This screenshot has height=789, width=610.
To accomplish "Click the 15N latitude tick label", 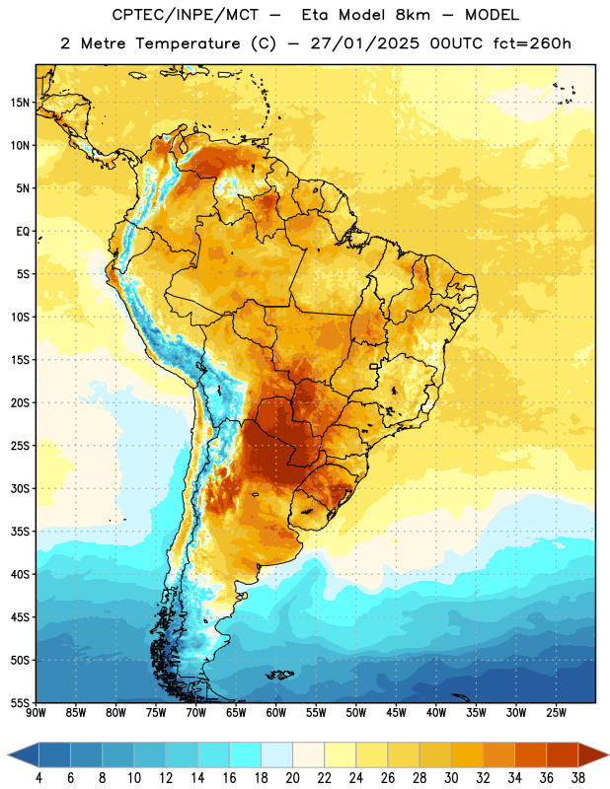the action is pyautogui.click(x=20, y=103).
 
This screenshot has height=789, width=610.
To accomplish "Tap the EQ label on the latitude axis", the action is pyautogui.click(x=23, y=232).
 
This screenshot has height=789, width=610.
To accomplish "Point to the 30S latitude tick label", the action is pyautogui.click(x=20, y=488).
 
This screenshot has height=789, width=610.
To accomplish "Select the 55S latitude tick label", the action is pyautogui.click(x=20, y=702).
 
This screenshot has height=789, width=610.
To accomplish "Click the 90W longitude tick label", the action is pyautogui.click(x=36, y=713).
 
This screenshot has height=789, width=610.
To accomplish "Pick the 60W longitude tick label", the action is pyautogui.click(x=276, y=713).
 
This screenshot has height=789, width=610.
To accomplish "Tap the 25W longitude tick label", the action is pyautogui.click(x=556, y=713).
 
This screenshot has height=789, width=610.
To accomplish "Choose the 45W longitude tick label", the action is pyautogui.click(x=396, y=713).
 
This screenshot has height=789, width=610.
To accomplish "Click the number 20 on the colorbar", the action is pyautogui.click(x=292, y=778).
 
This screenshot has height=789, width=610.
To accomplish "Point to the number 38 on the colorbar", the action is pyautogui.click(x=578, y=778).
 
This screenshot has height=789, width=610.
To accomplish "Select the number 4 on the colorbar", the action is pyautogui.click(x=38, y=778).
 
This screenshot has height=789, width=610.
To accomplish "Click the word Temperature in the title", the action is pyautogui.click(x=188, y=44).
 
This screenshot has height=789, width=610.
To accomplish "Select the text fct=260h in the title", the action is pyautogui.click(x=532, y=43).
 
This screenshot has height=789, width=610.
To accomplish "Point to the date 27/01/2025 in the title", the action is pyautogui.click(x=364, y=43).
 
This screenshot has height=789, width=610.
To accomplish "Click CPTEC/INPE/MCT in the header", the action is pyautogui.click(x=185, y=15).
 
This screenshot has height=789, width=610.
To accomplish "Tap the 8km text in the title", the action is pyautogui.click(x=413, y=15).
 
